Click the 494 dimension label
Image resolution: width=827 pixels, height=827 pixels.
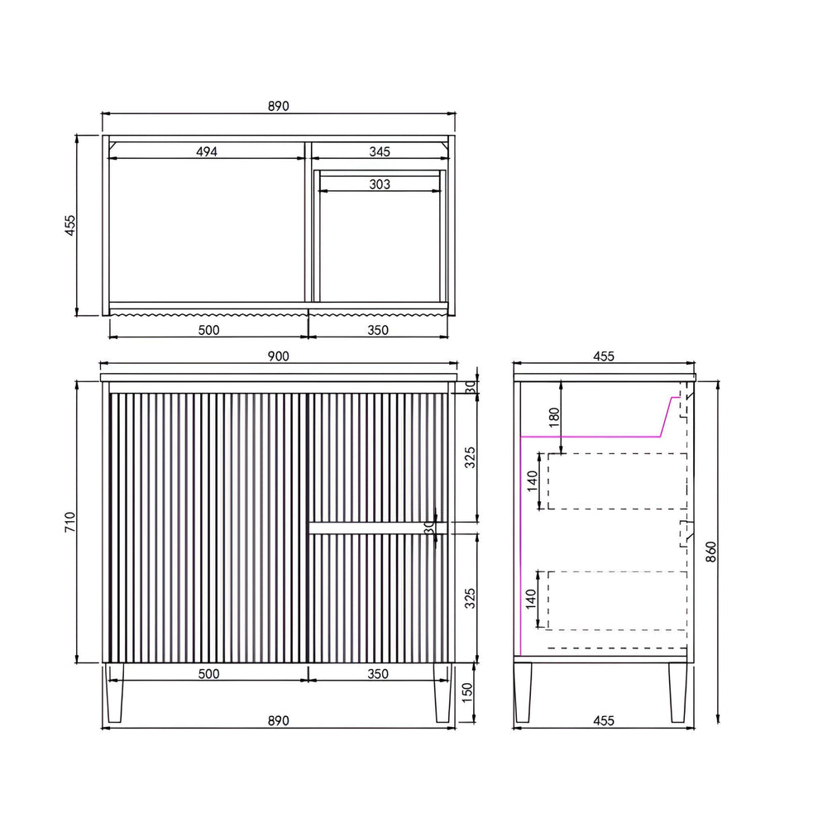tap(207, 152)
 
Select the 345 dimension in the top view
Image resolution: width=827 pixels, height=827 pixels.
tap(380, 152)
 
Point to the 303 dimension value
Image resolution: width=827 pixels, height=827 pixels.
tap(380, 184)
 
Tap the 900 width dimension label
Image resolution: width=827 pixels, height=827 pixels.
tap(279, 356)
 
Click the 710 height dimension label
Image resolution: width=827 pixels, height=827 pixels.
tap(70, 522)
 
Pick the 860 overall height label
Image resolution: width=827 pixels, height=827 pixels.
tap(711, 552)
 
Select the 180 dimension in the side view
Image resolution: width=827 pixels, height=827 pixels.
tap(554, 417)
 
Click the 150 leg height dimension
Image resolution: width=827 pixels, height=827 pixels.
tap(468, 693)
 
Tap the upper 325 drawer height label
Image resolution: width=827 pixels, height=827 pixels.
tap(470, 458)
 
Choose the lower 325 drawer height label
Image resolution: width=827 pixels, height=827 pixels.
tap(470, 599)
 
